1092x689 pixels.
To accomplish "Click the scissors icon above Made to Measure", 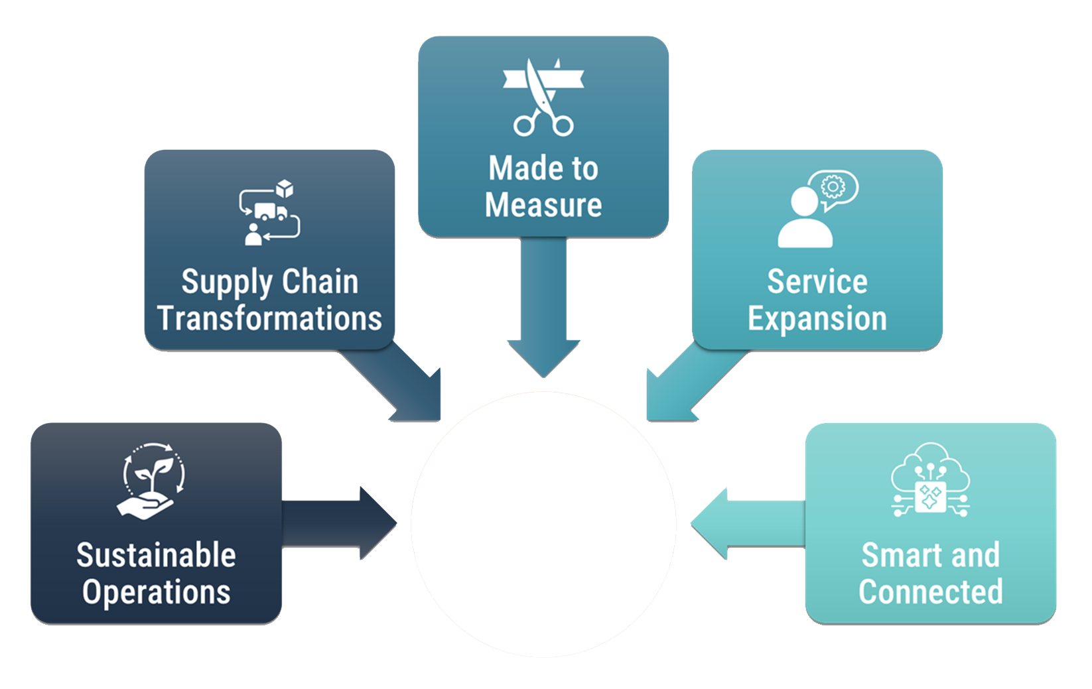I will coord(543,98).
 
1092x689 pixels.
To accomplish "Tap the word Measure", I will coord(543,205).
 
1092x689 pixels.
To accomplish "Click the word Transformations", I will coord(270,319).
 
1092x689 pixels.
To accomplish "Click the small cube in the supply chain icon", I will coord(285,189).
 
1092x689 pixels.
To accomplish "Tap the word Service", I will coord(817,282).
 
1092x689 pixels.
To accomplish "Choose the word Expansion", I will coord(817,319).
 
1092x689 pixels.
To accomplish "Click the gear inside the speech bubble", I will coord(831,187).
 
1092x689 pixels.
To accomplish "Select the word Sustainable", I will coord(157,556).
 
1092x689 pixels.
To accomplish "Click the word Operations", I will coord(157,592).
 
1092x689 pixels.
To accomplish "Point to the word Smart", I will coord(892,556).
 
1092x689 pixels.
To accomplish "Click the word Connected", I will coord(931,592).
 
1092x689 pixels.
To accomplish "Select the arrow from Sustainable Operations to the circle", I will coord(338,523).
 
